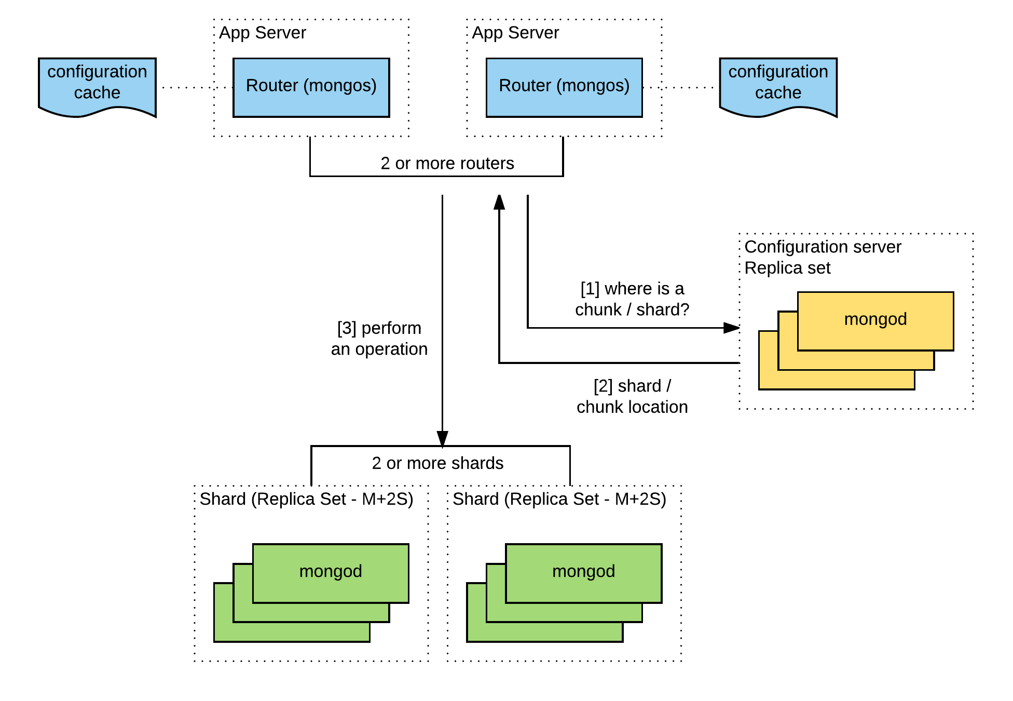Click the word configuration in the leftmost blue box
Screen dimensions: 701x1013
pos(97,72)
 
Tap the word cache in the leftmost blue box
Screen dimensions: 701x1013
pos(97,92)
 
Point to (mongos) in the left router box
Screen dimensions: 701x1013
pos(340,85)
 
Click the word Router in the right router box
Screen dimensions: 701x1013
pos(525,85)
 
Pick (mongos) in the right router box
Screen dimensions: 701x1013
pos(593,85)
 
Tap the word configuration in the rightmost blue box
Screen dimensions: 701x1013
pos(778,72)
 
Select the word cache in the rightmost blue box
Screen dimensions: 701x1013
pos(778,92)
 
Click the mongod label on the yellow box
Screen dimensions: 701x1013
pos(875,319)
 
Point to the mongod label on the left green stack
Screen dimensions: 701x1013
pos(331,571)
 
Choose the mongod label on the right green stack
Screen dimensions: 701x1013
pos(583,571)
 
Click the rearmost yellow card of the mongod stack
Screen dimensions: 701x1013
pos(836,380)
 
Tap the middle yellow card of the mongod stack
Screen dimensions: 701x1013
pos(856,360)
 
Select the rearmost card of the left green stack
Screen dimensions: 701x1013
pos(291,632)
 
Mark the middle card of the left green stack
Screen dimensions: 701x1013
pos(311,612)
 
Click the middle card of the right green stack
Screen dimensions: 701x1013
pos(564,612)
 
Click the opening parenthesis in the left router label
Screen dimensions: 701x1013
pos(306,86)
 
